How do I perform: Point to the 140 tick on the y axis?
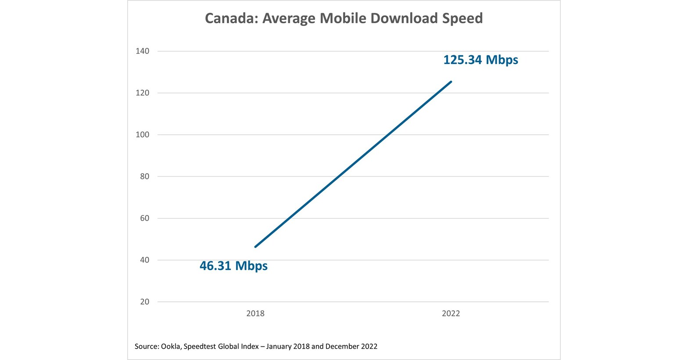coord(142,51)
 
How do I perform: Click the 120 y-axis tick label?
coord(142,93)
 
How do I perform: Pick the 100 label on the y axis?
coord(142,135)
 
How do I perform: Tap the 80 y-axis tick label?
coord(144,177)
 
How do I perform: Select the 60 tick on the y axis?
coord(144,218)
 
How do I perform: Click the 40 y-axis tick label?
coord(144,260)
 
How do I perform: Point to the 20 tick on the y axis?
coord(144,302)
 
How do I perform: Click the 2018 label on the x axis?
coord(255,314)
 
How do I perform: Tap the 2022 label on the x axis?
coord(451,314)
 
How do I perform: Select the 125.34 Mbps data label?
coord(480,60)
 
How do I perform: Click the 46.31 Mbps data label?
coord(233,266)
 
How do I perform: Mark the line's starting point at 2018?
coord(255,247)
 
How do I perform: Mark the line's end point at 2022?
coord(451,82)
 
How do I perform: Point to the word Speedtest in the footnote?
coord(200,346)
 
